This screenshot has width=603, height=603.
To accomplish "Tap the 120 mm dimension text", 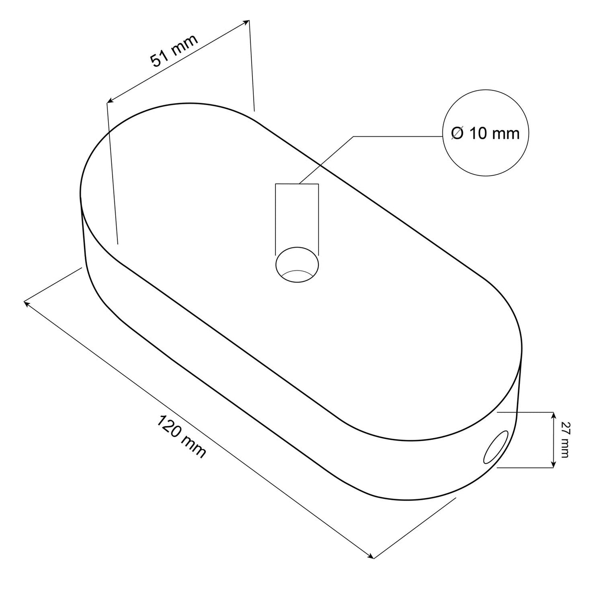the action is (181, 437).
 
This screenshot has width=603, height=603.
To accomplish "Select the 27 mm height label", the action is (564, 440).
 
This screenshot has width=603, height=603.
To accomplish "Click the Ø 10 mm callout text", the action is (485, 134).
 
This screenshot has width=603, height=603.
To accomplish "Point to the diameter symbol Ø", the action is (457, 134).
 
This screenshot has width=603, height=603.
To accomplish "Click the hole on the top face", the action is (297, 265).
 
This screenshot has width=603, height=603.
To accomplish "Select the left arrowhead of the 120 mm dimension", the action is (27, 303).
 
